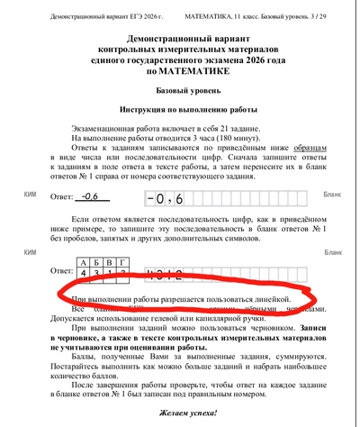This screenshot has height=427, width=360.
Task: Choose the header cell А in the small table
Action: pos(84,261)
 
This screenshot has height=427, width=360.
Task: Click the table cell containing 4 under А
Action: pos(84,271)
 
